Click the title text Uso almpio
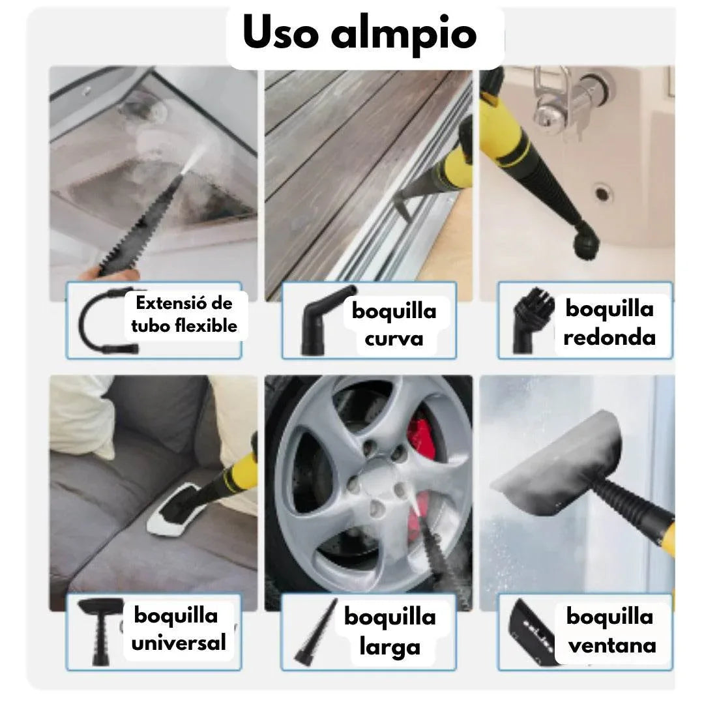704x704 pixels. point(360,34)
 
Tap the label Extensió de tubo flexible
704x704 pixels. point(184,314)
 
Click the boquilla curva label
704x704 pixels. point(394,324)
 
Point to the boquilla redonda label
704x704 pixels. point(609,322)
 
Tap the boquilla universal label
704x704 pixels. point(178,628)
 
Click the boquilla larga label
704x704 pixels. point(390,631)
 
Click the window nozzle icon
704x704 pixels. point(531,630)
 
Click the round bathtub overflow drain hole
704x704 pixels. point(603,192)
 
